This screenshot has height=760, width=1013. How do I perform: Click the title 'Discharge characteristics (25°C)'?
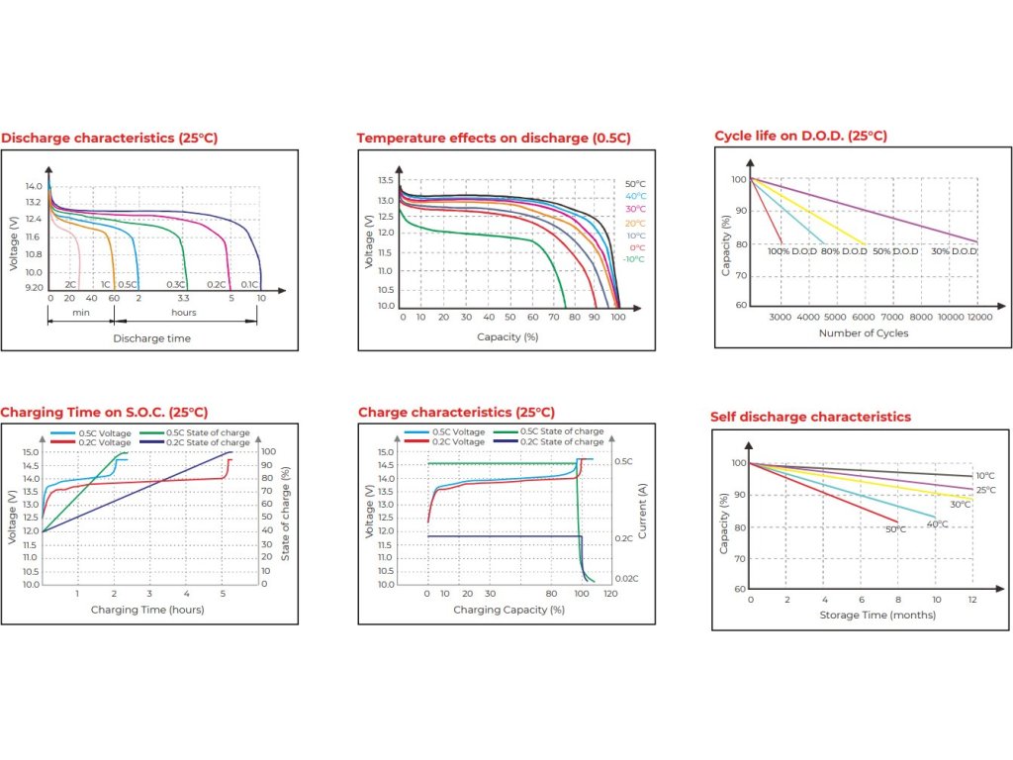[109, 138]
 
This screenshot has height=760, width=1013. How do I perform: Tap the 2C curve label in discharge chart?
[70, 284]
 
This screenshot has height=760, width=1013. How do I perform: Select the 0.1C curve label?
[248, 284]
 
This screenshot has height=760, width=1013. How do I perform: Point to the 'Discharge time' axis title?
[151, 338]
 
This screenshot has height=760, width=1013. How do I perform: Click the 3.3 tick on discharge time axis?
[183, 298]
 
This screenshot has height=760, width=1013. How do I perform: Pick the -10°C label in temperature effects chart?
[634, 259]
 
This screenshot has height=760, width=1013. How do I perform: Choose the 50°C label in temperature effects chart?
[635, 184]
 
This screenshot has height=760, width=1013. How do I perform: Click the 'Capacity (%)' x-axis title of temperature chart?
[506, 336]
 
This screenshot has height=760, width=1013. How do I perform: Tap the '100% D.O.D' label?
[791, 251]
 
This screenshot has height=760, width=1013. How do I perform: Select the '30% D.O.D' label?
[955, 251]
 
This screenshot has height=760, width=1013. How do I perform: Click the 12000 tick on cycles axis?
[977, 317]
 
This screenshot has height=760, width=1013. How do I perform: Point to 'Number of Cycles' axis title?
[863, 333]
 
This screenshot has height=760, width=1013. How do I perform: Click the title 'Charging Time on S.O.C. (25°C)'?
[104, 412]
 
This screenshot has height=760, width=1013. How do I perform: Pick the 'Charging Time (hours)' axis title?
[147, 610]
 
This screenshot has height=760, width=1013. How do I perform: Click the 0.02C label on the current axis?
[625, 578]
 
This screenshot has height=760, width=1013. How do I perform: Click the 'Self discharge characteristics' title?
[810, 417]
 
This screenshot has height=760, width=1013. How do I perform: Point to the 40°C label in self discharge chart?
[936, 523]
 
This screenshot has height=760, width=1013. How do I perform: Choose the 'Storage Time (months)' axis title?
[863, 616]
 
